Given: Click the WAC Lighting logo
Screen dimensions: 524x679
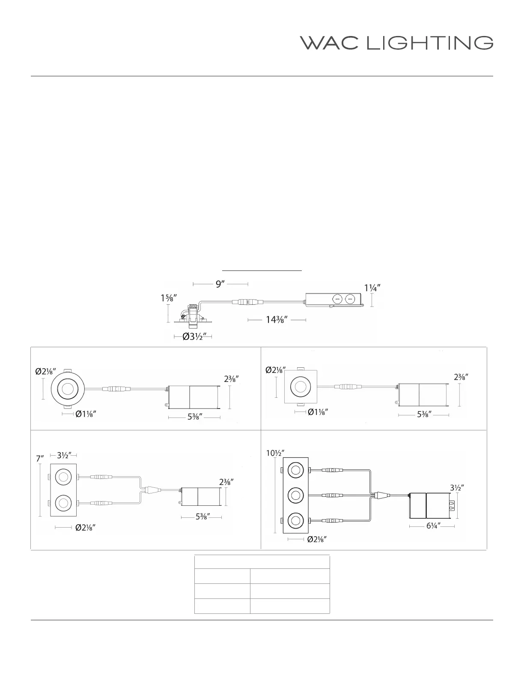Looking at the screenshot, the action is point(396,43).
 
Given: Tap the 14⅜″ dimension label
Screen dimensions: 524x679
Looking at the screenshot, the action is point(277,320).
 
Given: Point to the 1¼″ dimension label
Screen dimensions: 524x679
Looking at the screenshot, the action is point(372,288).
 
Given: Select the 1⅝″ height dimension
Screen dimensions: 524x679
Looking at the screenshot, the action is point(169,298).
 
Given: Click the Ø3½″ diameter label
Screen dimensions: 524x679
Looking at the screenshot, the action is point(194,336).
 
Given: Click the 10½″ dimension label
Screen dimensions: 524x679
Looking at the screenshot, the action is point(275,453).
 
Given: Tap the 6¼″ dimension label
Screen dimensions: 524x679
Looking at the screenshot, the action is point(433,526).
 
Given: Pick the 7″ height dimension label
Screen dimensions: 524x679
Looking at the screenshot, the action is point(40,459).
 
